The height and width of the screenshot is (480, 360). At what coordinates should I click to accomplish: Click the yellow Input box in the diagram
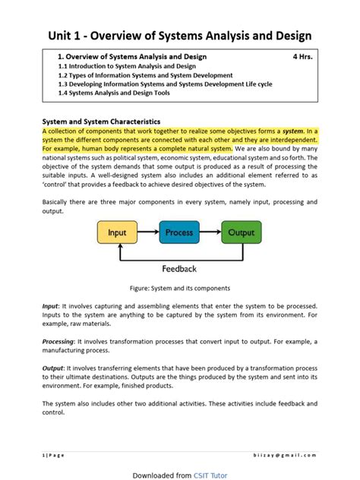(x=118, y=232)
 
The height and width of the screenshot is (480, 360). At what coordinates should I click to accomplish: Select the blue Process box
(x=179, y=232)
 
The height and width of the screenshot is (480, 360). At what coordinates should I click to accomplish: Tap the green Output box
(x=241, y=232)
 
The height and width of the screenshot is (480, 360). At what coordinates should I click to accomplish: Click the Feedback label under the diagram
(x=179, y=268)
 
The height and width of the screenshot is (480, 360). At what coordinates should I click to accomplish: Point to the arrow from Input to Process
(x=148, y=232)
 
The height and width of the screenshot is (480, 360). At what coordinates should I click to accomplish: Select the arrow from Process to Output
(x=210, y=232)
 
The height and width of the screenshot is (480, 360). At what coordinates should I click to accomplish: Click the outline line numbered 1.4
(x=113, y=94)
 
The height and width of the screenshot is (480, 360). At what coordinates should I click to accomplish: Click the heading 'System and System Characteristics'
(x=101, y=121)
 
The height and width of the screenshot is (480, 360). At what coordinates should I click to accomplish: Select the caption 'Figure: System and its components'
(x=179, y=288)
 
